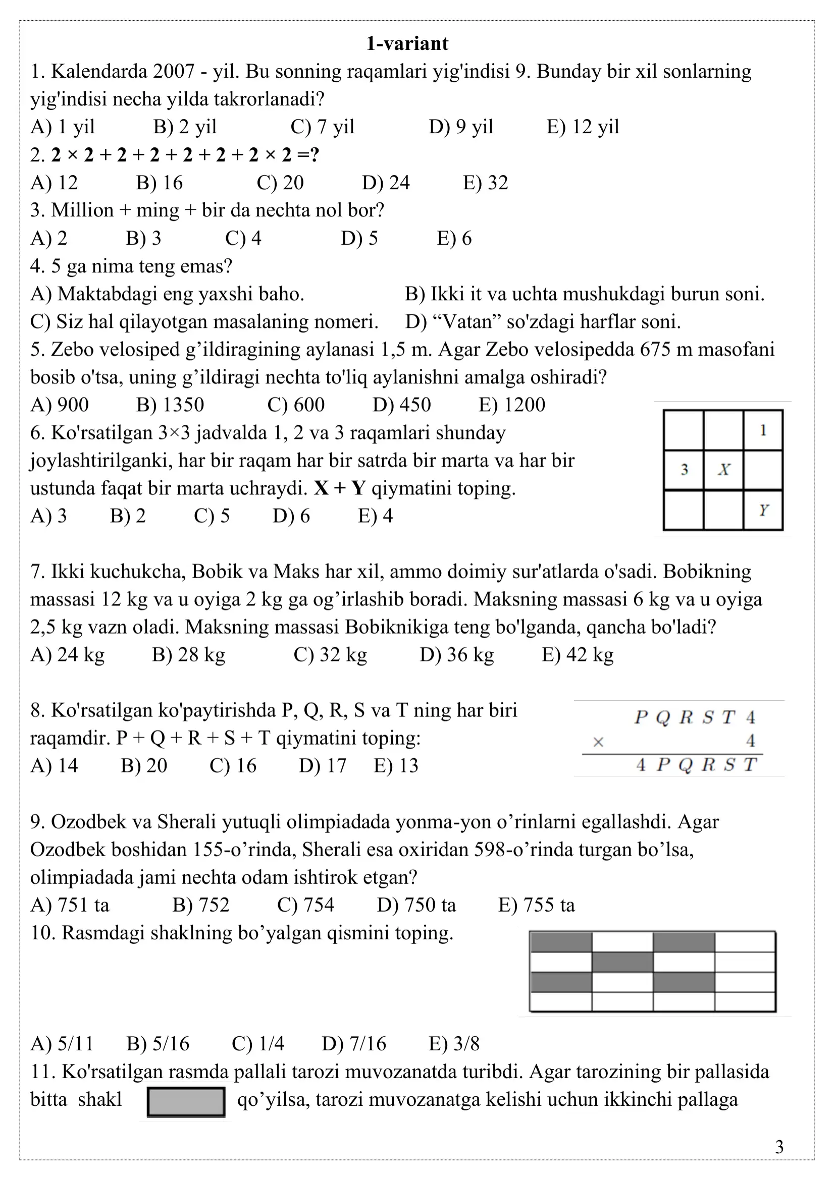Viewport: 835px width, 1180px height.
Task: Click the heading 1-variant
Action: click(x=407, y=44)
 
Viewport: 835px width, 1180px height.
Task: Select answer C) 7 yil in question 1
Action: click(x=323, y=127)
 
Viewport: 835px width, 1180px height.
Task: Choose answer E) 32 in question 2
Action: click(x=485, y=183)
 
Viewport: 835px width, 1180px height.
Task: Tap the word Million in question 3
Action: click(x=82, y=210)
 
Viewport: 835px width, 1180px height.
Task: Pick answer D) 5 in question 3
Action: click(x=359, y=238)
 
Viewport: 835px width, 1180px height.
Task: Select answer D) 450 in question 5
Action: click(x=401, y=405)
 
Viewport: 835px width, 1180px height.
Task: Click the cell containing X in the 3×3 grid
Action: click(x=723, y=470)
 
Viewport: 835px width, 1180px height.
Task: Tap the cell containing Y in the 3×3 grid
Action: click(x=763, y=510)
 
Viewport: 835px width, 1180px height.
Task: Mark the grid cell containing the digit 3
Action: click(x=684, y=470)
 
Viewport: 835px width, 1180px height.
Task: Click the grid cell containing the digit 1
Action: click(x=763, y=430)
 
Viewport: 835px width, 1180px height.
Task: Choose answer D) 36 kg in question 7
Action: click(x=456, y=655)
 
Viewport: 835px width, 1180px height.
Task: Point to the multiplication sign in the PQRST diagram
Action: click(x=598, y=742)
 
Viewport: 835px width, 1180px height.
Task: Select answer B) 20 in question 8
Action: click(x=144, y=766)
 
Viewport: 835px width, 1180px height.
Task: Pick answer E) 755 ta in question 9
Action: click(x=536, y=905)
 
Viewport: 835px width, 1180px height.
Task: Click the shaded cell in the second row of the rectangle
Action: click(x=622, y=962)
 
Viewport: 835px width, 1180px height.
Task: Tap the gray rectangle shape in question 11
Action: click(x=186, y=1102)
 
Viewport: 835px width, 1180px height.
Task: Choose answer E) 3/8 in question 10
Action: click(x=454, y=1044)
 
